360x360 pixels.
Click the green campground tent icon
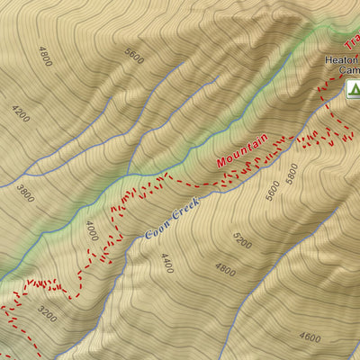[352, 88]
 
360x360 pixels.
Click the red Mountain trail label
[242, 150]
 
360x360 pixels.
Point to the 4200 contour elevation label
[22, 114]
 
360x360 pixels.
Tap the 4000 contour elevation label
[91, 232]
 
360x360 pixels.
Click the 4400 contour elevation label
[166, 263]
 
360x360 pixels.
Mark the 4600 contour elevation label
[309, 338]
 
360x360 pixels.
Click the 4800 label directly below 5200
[225, 269]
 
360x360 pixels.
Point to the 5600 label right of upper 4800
[135, 56]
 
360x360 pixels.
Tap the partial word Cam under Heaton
[346, 74]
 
